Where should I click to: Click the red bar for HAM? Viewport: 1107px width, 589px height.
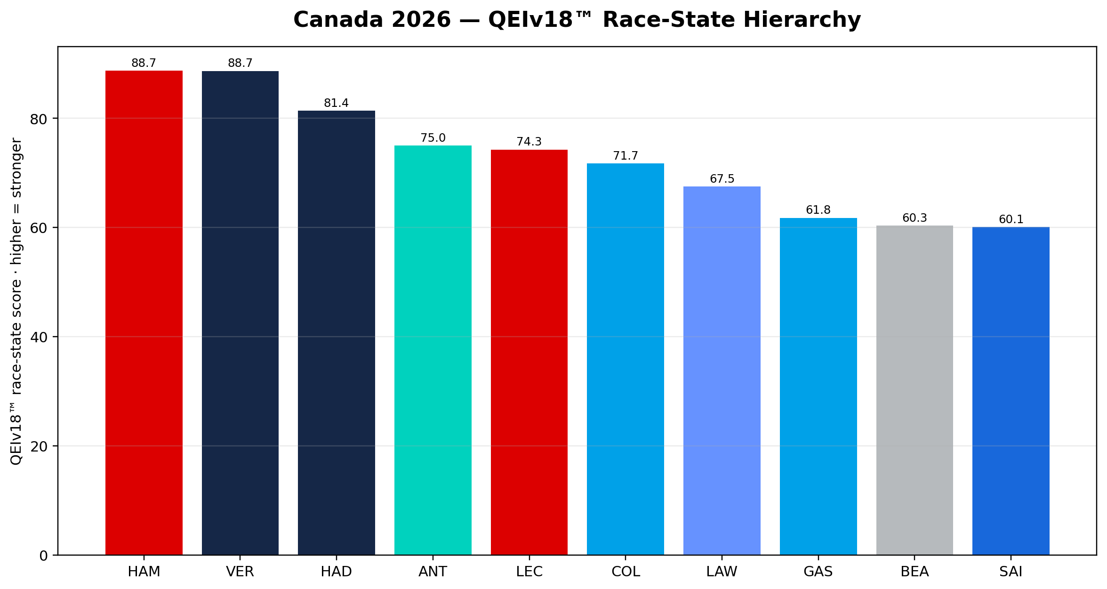[144, 313]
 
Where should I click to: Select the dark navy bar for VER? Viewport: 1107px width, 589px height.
[240, 313]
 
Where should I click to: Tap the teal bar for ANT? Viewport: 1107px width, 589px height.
[433, 350]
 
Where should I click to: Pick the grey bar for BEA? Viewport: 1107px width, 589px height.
[914, 390]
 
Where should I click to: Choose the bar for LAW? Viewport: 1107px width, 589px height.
[722, 371]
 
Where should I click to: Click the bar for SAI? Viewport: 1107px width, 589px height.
[1011, 391]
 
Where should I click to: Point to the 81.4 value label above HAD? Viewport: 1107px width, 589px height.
[337, 103]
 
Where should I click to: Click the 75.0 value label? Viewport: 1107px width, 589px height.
[433, 138]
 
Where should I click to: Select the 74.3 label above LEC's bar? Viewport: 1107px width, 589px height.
[529, 142]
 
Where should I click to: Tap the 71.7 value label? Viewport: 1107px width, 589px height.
[626, 156]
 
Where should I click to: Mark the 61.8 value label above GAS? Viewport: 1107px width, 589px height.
[818, 210]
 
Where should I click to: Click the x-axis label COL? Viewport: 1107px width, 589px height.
[626, 572]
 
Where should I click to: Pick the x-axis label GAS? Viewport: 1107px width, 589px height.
[818, 572]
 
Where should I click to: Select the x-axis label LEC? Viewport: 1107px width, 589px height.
[529, 572]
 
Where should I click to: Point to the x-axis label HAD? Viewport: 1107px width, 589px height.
[337, 572]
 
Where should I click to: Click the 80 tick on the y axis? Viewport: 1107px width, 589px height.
[39, 119]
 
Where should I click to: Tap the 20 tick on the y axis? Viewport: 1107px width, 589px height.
[39, 446]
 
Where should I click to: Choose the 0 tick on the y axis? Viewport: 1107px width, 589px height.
[43, 556]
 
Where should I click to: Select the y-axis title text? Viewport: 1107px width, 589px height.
[16, 301]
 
